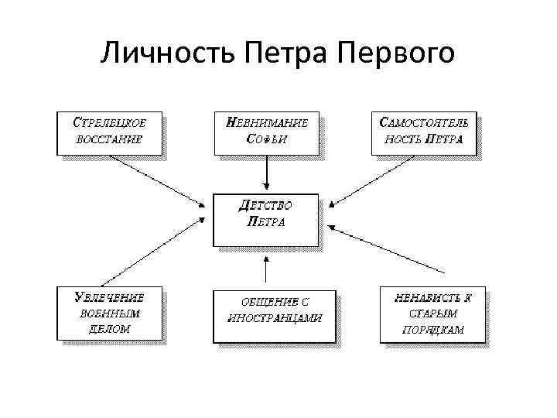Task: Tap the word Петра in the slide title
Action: click(x=285, y=53)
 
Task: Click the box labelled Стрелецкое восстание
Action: click(x=109, y=133)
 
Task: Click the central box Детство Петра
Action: click(x=265, y=218)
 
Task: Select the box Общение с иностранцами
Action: click(x=274, y=313)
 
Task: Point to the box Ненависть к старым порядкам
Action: click(x=432, y=313)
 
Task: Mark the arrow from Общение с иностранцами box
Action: click(x=265, y=272)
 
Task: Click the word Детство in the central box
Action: click(x=265, y=206)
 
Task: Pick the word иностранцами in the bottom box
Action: click(x=274, y=318)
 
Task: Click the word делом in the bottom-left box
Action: click(x=109, y=328)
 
